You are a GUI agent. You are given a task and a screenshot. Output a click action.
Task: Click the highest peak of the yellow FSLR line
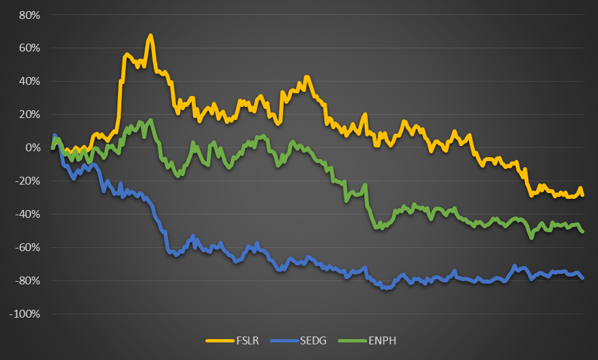[151, 35]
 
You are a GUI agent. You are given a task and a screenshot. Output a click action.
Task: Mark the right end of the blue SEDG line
[582, 278]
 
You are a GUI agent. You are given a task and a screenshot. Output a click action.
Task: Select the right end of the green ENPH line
[582, 232]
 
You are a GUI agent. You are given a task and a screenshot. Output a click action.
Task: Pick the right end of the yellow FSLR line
[582, 195]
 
